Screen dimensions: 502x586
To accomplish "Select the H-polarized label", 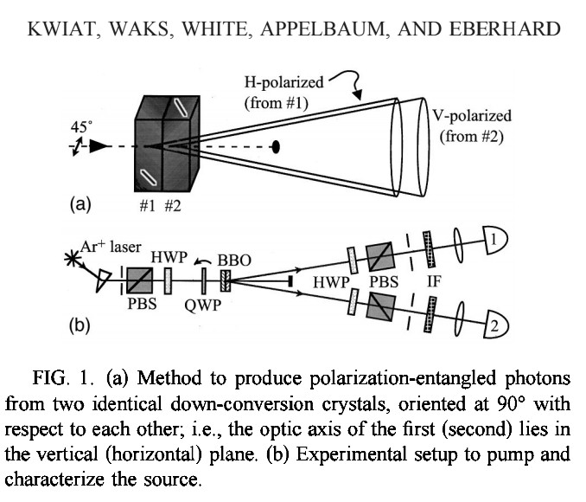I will [x=283, y=83].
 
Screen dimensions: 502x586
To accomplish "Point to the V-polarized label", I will [x=474, y=115].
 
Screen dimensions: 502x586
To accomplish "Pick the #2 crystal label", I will [x=174, y=206].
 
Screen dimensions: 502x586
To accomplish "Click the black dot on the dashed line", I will [x=276, y=146].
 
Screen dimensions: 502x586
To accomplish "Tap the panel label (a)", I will [x=79, y=205].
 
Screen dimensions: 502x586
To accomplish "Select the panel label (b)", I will [x=79, y=327].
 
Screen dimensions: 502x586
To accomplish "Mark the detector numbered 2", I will [x=499, y=325].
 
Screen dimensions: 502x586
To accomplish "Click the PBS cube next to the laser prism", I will [x=138, y=278].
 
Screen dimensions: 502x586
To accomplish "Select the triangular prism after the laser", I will [x=108, y=277].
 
